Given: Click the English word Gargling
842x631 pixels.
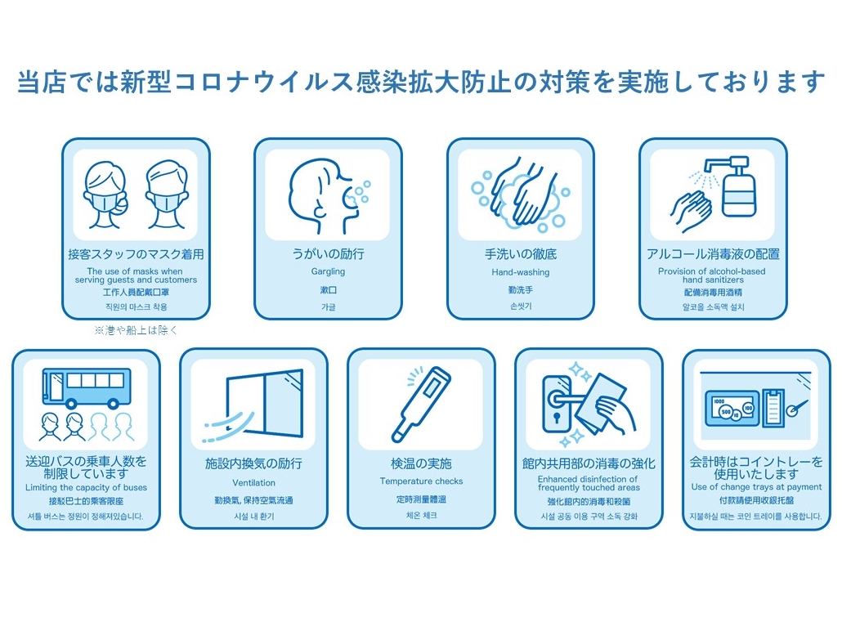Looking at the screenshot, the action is pyautogui.click(x=328, y=271).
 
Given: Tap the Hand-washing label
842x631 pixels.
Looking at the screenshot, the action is pyautogui.click(x=521, y=272).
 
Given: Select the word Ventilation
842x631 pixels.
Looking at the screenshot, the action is pyautogui.click(x=253, y=483).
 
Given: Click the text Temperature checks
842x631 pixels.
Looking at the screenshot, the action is pyautogui.click(x=421, y=481).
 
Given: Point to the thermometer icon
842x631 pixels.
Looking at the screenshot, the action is pyautogui.click(x=422, y=404).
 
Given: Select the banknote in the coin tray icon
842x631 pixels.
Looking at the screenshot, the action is pyautogui.click(x=732, y=408).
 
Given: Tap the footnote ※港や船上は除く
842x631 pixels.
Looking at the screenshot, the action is pyautogui.click(x=136, y=330).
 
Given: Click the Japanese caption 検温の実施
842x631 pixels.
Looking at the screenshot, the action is pyautogui.click(x=421, y=463).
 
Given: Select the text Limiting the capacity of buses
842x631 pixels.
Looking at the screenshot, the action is pyautogui.click(x=86, y=488).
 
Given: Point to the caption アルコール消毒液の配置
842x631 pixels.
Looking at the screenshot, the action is pyautogui.click(x=713, y=254).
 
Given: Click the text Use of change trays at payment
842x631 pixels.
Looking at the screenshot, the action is pyautogui.click(x=756, y=487).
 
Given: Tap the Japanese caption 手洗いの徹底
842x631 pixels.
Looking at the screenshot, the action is pyautogui.click(x=521, y=254).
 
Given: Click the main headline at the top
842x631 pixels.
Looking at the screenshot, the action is pyautogui.click(x=421, y=82).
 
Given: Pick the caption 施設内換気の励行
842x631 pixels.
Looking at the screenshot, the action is pyautogui.click(x=253, y=463).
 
